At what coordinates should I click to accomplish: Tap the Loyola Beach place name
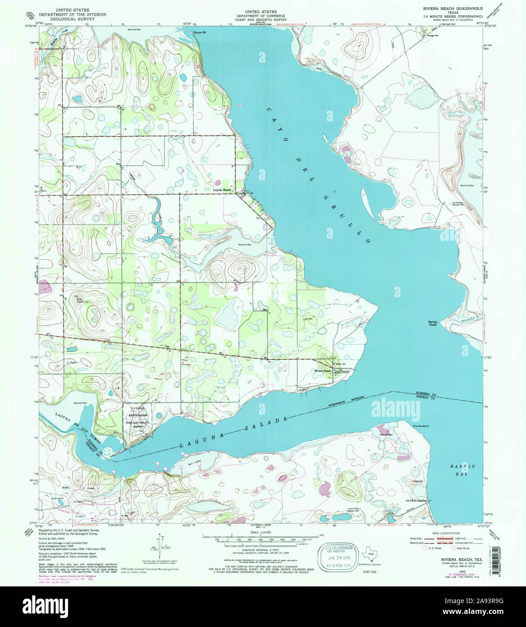[222, 190]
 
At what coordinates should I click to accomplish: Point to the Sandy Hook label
[433, 323]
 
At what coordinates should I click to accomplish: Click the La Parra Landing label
[416, 500]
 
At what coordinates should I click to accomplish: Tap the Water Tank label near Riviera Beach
[341, 364]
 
